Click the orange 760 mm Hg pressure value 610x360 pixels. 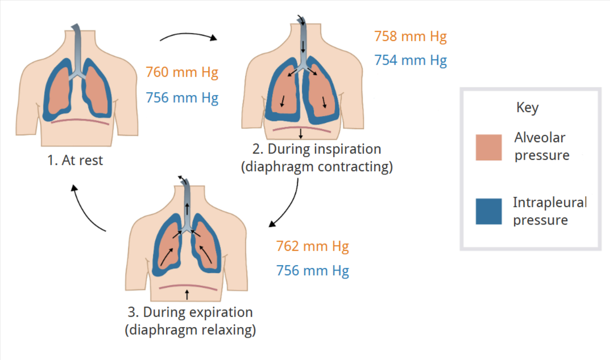[182, 73]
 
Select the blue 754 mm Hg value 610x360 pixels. [410, 60]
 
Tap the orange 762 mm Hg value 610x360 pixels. [312, 247]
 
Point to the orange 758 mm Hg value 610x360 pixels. [410, 37]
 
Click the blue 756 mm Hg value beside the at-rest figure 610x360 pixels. [182, 98]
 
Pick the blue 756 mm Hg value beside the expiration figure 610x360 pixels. [312, 271]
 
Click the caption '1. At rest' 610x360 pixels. [75, 160]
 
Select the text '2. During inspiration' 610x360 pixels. [316, 150]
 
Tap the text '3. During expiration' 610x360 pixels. [189, 313]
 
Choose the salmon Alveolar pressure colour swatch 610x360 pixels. [488, 148]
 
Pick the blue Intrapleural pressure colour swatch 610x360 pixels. [488, 212]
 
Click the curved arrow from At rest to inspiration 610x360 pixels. [188, 35]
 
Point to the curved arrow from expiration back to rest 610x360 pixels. [85, 210]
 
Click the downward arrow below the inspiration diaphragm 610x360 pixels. [300, 134]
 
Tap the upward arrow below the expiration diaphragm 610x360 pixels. [188, 294]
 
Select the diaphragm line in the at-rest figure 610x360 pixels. [80, 121]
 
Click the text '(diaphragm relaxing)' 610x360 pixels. [189, 330]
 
